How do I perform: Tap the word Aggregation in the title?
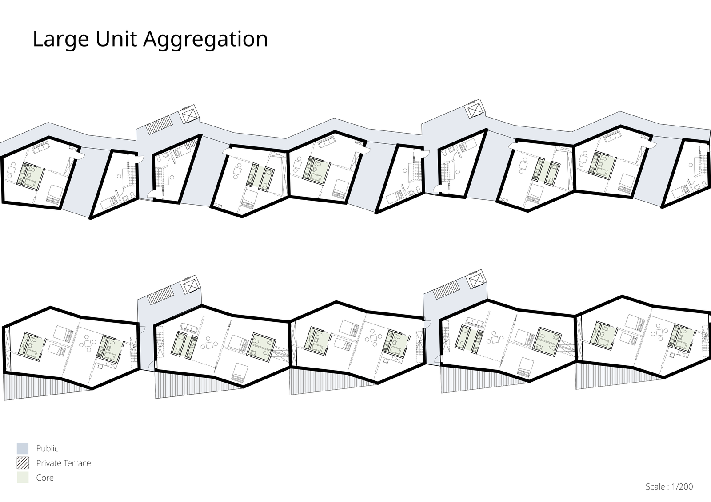pos(206,40)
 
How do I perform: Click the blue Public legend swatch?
pos(23,448)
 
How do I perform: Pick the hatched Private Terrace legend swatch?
pos(23,463)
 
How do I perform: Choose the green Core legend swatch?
pos(23,478)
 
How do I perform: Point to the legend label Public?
pos(47,448)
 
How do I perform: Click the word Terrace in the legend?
pos(77,463)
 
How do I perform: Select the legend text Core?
pos(45,478)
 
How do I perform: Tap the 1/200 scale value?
pos(682,486)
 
